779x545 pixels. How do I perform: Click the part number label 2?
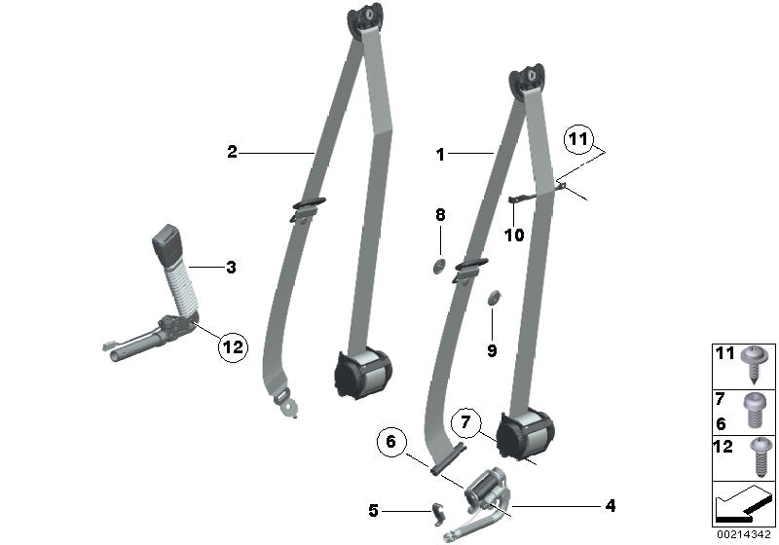coord(232,152)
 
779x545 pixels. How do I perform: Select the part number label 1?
coord(440,154)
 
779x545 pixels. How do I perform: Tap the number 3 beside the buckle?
coord(231,266)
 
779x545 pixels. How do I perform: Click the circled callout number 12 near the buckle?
coord(234,345)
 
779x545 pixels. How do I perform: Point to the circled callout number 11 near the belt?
coord(579,141)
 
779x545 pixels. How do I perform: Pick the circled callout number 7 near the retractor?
coord(466,423)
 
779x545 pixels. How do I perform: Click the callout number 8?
coord(440,214)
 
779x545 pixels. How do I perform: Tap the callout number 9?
coord(492,350)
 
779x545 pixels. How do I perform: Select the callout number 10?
coord(513,235)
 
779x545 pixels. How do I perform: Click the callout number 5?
coord(373,509)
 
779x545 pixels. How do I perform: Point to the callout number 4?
coord(611,506)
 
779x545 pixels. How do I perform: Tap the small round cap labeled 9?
coord(492,296)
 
